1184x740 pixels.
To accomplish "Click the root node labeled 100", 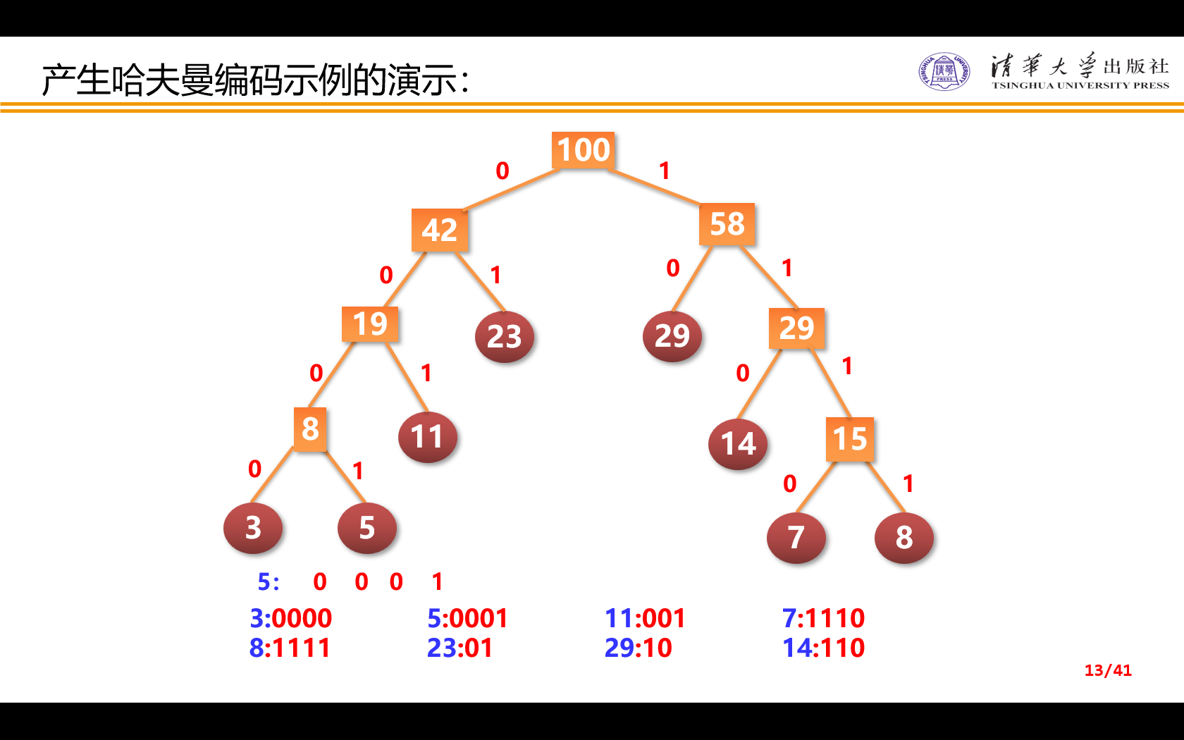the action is [583, 150].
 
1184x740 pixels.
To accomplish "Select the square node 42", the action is [440, 230].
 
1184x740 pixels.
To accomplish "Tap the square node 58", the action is [727, 224].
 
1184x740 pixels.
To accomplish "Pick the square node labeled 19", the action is [370, 324].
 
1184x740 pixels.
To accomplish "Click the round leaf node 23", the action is [505, 337].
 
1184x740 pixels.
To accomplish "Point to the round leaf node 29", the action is [672, 336].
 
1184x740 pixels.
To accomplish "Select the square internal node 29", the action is [796, 328].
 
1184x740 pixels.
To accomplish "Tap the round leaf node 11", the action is [427, 437].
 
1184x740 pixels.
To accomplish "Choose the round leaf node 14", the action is [738, 444].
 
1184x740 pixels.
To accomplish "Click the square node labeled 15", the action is [850, 439].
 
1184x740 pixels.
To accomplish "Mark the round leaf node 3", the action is [253, 528].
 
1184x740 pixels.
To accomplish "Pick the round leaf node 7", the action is [796, 538].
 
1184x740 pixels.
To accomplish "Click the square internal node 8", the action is [310, 428].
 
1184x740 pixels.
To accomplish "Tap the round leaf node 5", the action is [367, 528].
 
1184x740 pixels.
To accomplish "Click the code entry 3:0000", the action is [290, 618].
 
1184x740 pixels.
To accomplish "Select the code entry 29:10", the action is [638, 648].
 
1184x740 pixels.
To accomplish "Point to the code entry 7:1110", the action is [823, 618].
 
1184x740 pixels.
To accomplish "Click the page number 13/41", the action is [1107, 670].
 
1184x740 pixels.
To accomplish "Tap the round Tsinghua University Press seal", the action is [944, 71].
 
